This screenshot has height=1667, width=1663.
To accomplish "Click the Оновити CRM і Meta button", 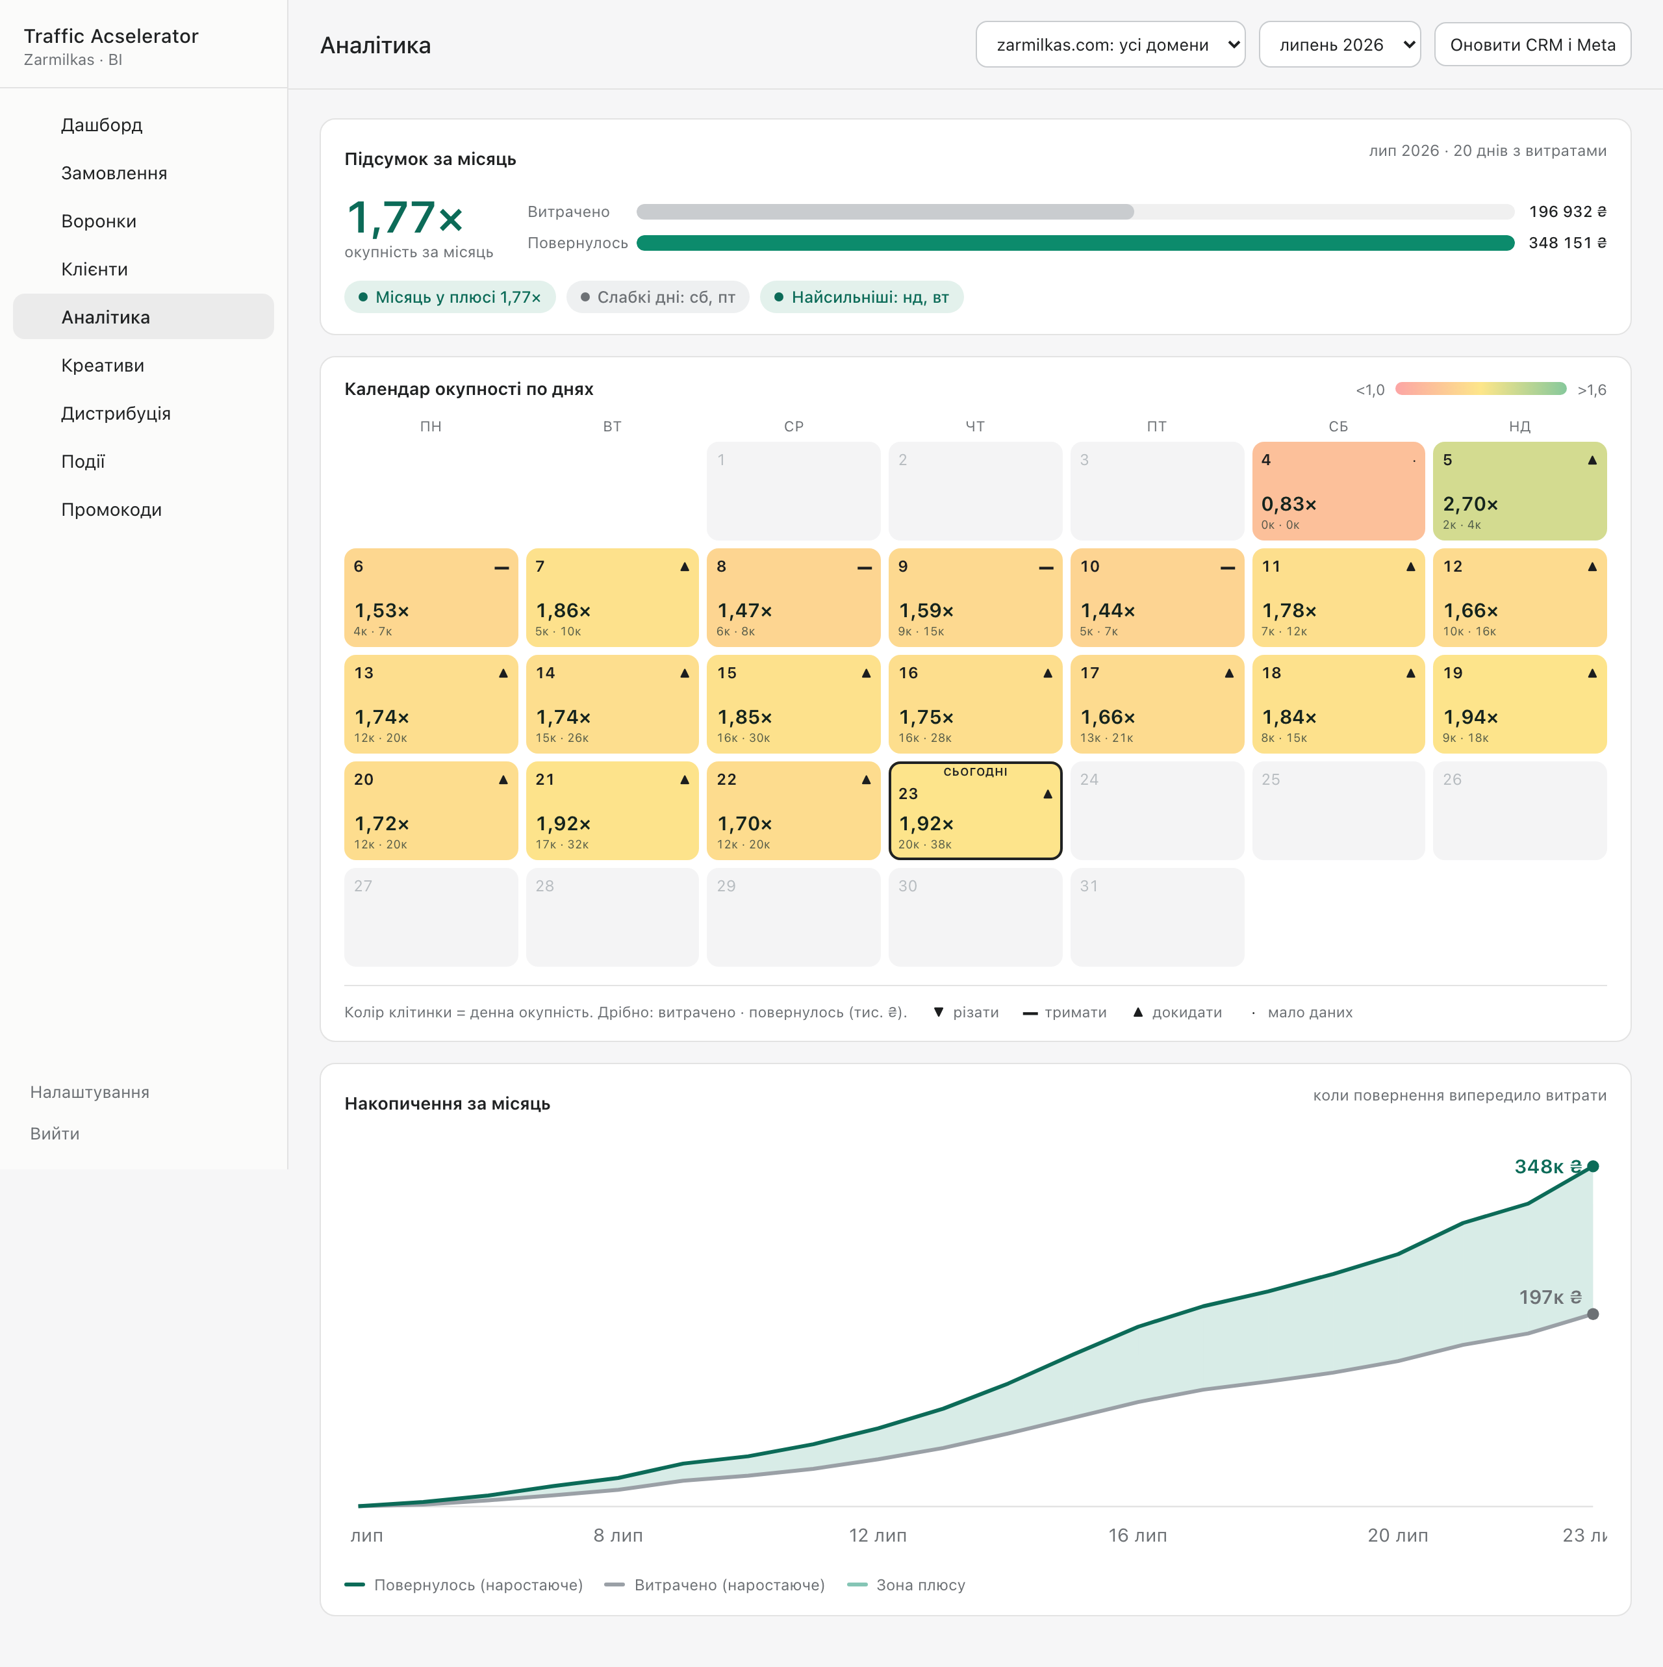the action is [x=1532, y=45].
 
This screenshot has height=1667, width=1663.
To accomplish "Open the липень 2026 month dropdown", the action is [x=1339, y=45].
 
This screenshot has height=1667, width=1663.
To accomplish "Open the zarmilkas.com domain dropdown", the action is [x=1110, y=45].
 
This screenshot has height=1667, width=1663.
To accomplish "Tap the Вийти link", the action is [x=55, y=1134].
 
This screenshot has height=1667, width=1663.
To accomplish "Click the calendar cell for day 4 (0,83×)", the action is [x=1338, y=491].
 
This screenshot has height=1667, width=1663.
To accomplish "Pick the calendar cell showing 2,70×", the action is [x=1519, y=491].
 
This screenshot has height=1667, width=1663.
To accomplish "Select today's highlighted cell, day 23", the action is [x=975, y=810].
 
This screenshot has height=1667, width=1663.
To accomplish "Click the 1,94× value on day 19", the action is [x=1471, y=717].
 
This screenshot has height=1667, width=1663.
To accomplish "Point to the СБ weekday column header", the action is [x=1338, y=426].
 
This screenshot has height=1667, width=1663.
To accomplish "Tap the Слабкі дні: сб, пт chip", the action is [x=657, y=297].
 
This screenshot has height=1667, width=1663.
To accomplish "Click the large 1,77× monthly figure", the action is [x=405, y=218].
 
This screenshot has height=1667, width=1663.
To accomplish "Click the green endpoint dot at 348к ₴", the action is [x=1593, y=1167].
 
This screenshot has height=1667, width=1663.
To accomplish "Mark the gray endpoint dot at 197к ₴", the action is [x=1593, y=1314].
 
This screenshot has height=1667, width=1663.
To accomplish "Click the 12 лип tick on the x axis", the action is [x=878, y=1535].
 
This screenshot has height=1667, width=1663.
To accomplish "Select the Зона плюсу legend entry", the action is [x=906, y=1585].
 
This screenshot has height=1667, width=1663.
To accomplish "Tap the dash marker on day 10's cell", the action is [x=1227, y=568].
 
